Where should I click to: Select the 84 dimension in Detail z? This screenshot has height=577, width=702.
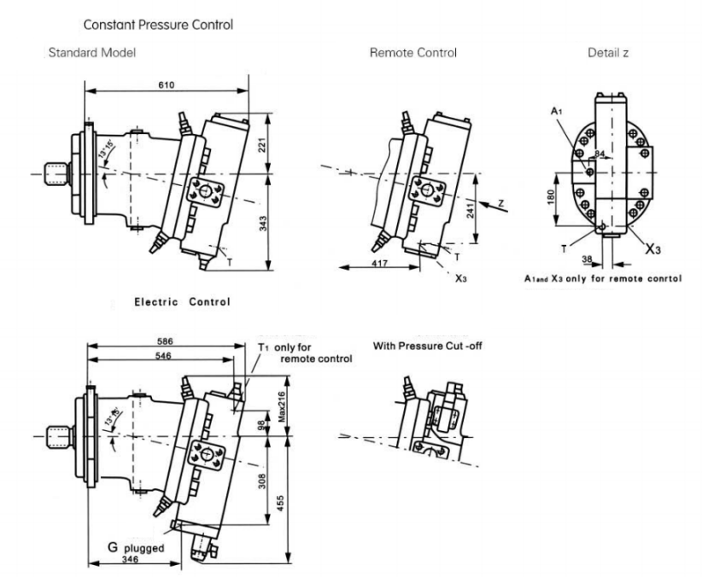(600, 154)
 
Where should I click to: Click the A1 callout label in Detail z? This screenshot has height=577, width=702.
(557, 111)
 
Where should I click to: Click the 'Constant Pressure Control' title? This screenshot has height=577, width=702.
(164, 26)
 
